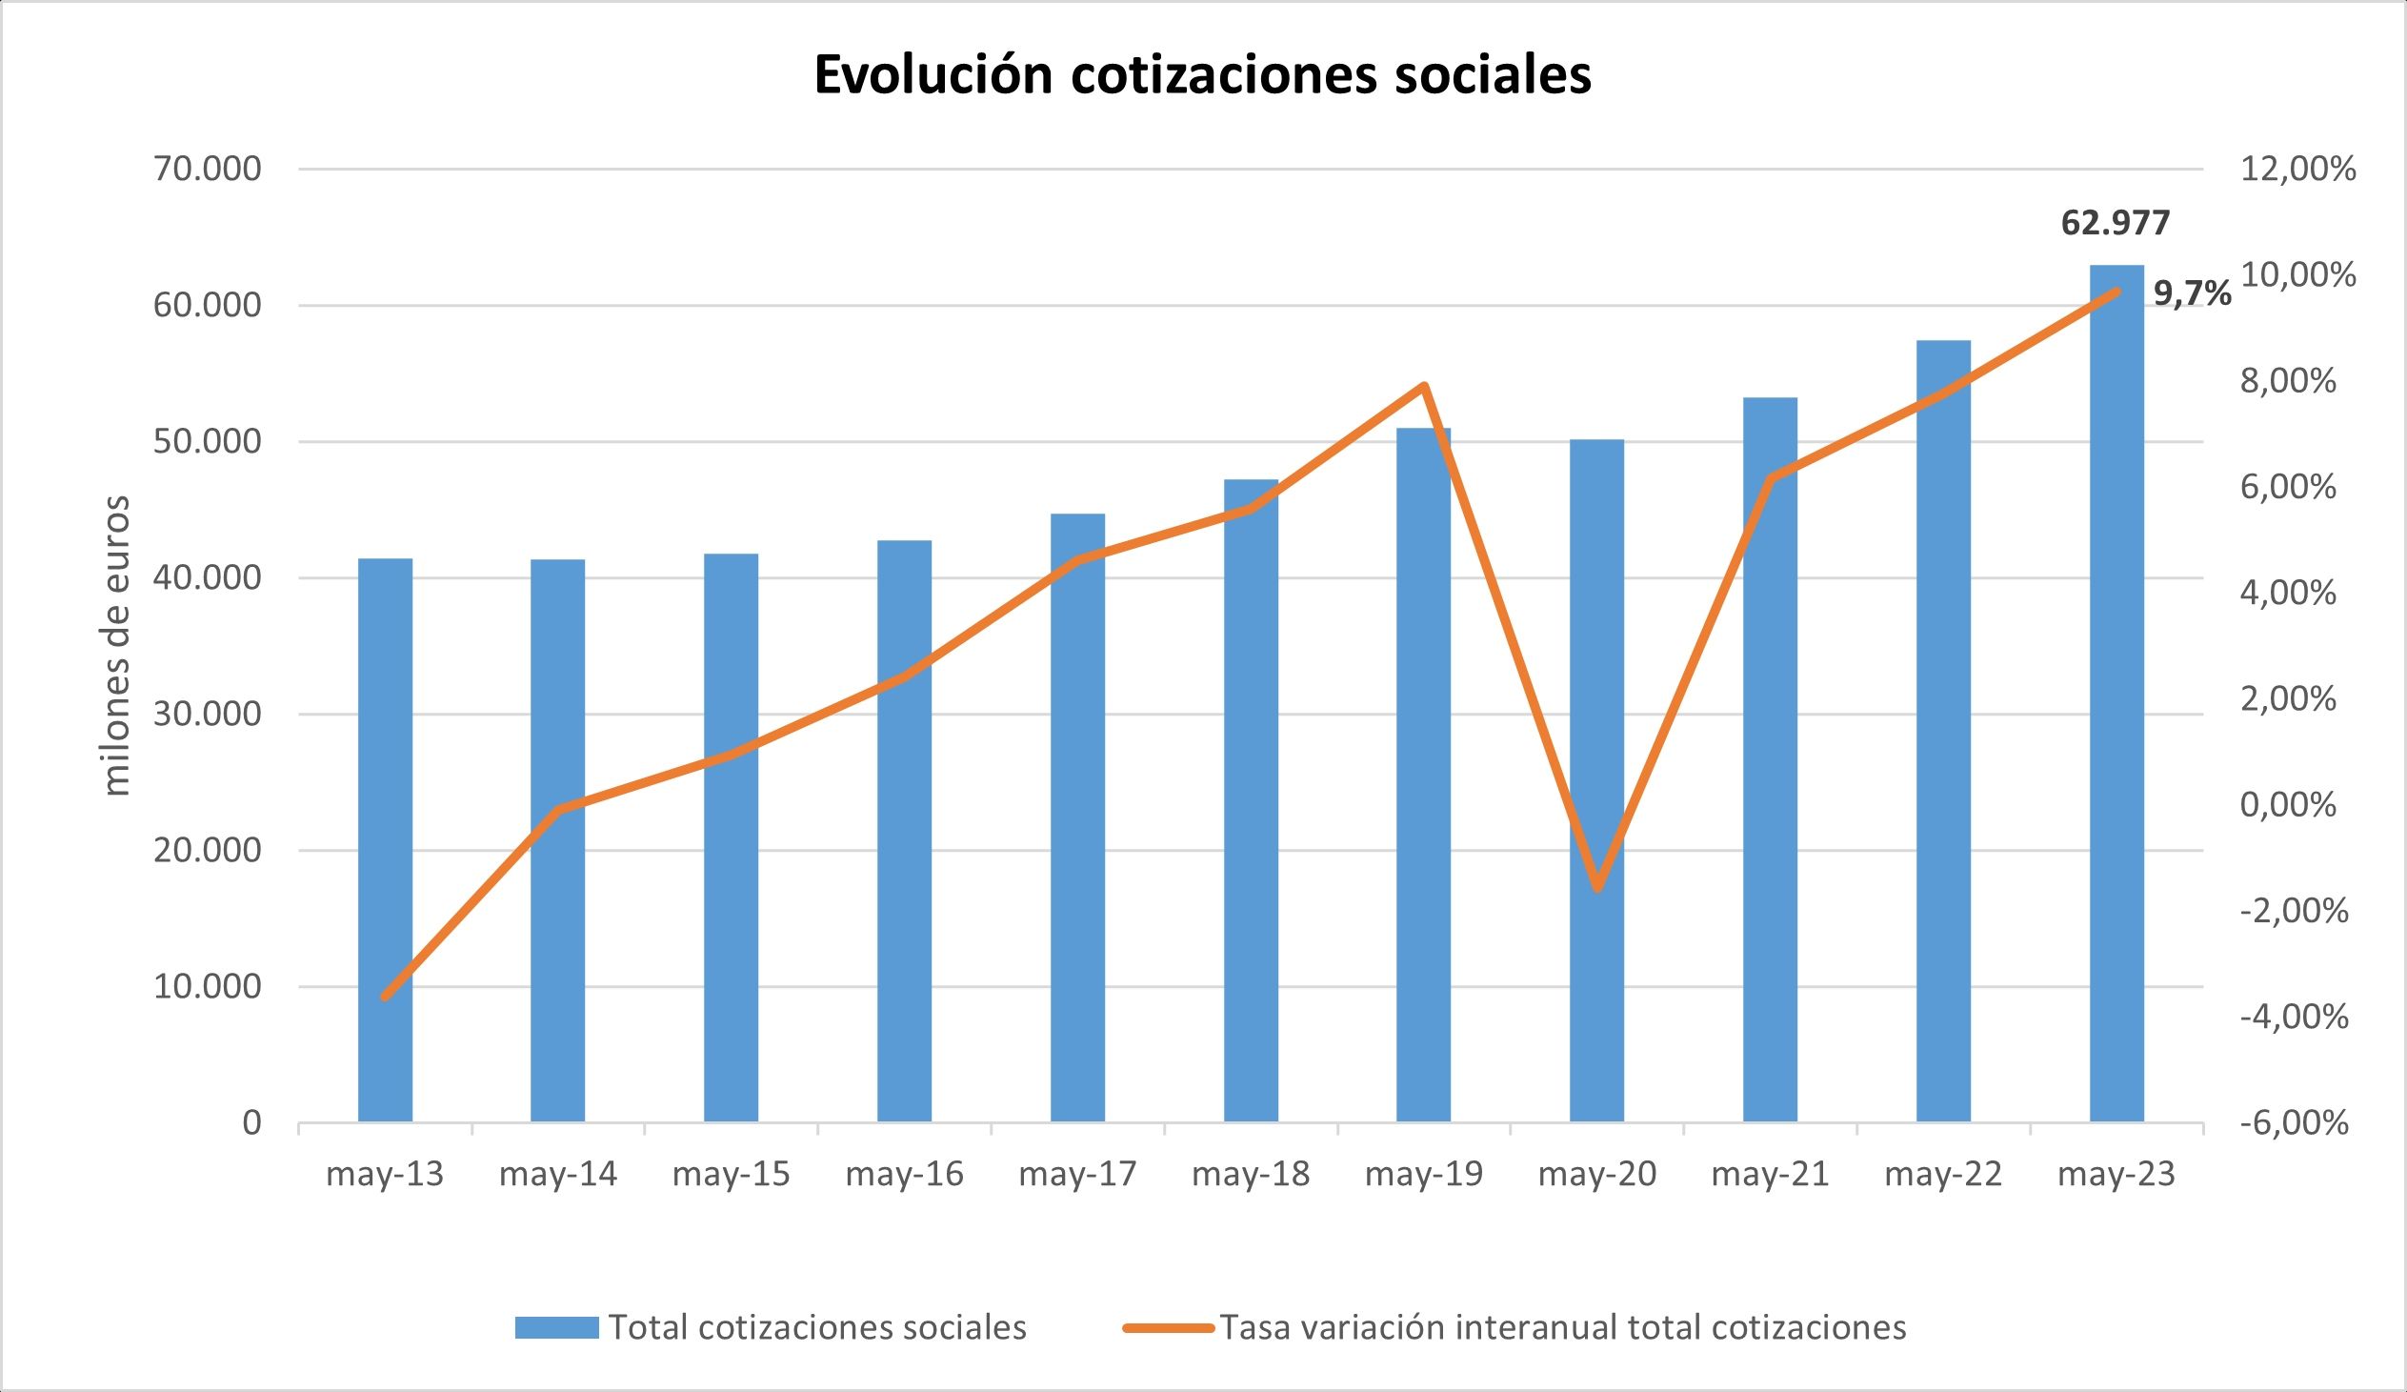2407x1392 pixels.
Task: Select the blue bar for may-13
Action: coord(385,840)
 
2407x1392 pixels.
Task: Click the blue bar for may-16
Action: coord(905,831)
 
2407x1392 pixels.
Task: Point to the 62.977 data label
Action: coord(2115,223)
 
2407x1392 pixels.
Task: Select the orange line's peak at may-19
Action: coord(1423,386)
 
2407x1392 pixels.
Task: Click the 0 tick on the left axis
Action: coord(251,1121)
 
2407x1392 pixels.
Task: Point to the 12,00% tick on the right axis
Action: coord(2293,170)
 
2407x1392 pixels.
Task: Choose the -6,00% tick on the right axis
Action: coord(2293,1121)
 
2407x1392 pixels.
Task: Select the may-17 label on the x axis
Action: coord(1077,1173)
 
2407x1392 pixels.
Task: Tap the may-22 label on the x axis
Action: coord(1943,1173)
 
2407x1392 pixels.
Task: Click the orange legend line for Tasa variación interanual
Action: coord(1168,1327)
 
